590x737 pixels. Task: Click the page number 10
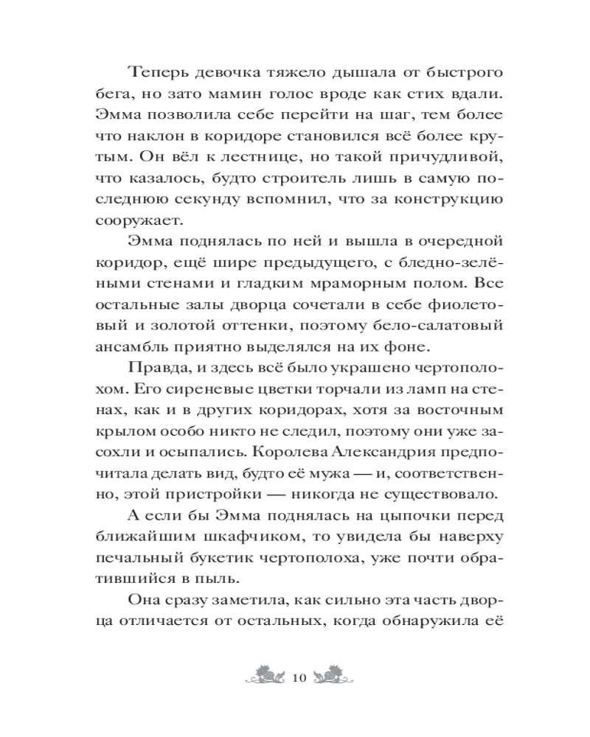299,677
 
